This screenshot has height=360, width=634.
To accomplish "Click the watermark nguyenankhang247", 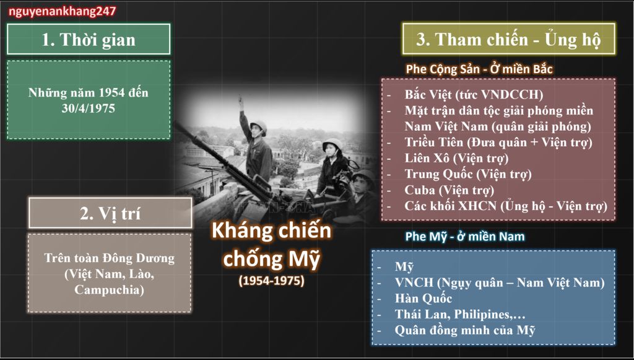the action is (63, 11).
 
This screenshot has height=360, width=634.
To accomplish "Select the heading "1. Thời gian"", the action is (89, 40).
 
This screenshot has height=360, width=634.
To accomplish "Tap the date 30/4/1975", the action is (89, 108).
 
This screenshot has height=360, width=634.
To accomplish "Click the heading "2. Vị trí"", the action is (110, 213).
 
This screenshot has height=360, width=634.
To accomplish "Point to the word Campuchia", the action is (109, 289).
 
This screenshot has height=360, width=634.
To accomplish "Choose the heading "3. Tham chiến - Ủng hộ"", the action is (508, 39).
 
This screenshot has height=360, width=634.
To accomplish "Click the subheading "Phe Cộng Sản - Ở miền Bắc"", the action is (479, 69).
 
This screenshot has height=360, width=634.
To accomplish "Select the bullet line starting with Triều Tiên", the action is (498, 143).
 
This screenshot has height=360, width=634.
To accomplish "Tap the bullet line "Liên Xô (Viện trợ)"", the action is (456, 158).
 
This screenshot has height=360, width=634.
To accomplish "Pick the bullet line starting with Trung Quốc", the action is (468, 174).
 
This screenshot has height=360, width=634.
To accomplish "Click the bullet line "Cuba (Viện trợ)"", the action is (449, 190).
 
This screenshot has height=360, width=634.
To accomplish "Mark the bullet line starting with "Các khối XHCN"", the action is (506, 206).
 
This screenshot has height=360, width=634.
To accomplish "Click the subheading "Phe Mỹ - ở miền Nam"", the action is (465, 236).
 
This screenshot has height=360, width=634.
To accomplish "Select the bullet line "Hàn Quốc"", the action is (423, 299).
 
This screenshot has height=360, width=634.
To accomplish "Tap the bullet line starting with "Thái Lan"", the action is (460, 314).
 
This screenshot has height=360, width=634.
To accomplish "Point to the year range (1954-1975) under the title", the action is (271, 281).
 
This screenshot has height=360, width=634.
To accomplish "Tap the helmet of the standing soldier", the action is (258, 126).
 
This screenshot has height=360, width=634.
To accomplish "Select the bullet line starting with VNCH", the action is (500, 283).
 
